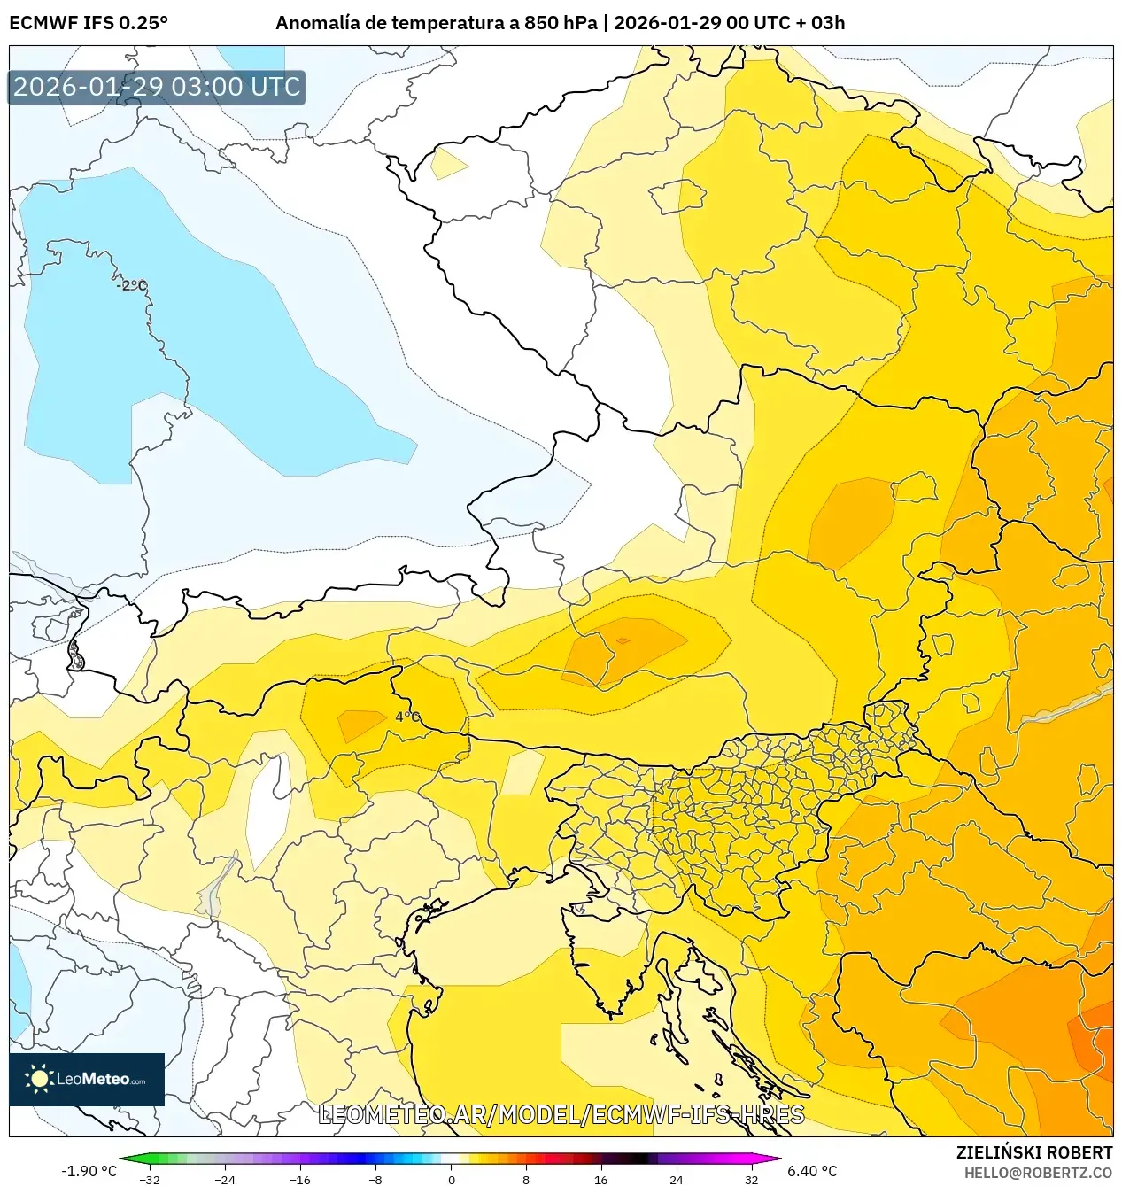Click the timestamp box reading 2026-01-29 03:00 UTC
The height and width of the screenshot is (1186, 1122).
point(157,87)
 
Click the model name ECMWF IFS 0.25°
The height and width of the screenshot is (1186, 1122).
point(88,23)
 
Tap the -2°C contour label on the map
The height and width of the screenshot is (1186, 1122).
point(131,285)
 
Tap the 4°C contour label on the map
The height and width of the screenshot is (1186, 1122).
point(407,717)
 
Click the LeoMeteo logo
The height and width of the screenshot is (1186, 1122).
point(87,1079)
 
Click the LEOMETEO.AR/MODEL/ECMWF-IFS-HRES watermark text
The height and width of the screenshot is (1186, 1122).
point(561,1114)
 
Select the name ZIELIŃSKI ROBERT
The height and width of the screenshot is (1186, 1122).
point(1033,1152)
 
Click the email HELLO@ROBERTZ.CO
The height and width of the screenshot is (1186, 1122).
point(1038,1173)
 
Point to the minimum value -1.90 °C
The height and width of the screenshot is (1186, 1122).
point(89,1171)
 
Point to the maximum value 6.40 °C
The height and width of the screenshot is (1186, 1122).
point(812,1171)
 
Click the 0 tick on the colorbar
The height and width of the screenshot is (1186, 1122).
point(451,1179)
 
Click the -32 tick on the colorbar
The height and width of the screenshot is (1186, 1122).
point(150,1179)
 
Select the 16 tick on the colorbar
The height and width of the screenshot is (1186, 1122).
point(601,1179)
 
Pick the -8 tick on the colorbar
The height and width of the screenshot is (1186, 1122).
point(375,1179)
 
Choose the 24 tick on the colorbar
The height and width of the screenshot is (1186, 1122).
point(677,1179)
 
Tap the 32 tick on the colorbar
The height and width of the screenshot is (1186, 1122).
point(751,1179)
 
